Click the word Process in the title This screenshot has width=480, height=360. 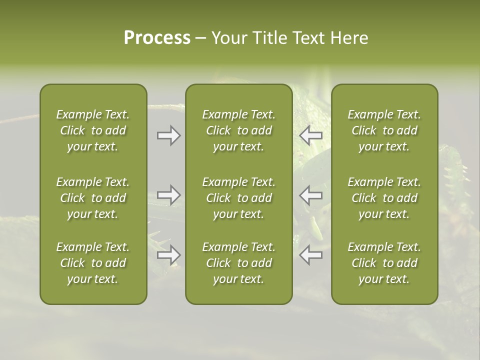pos(157,38)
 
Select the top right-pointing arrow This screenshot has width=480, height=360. pos(168,135)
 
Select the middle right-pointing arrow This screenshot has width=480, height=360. pos(168,195)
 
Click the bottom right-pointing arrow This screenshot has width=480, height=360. pos(168,255)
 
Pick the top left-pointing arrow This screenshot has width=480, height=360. pos(311,135)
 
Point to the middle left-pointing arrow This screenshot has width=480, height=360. pos(311,195)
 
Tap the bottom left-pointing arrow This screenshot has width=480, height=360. pos(311,255)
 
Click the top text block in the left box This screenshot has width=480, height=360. pos(93,130)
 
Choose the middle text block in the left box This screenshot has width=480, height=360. pos(93,198)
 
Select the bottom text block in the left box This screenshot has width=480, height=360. pos(93,263)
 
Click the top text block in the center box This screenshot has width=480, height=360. pos(239,130)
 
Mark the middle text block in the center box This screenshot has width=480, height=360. pos(239,198)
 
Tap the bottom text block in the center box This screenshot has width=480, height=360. pos(239,263)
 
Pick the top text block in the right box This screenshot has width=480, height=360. pos(384,130)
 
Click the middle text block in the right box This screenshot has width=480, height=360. pos(384,198)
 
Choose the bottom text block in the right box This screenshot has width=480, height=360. pos(384,263)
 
